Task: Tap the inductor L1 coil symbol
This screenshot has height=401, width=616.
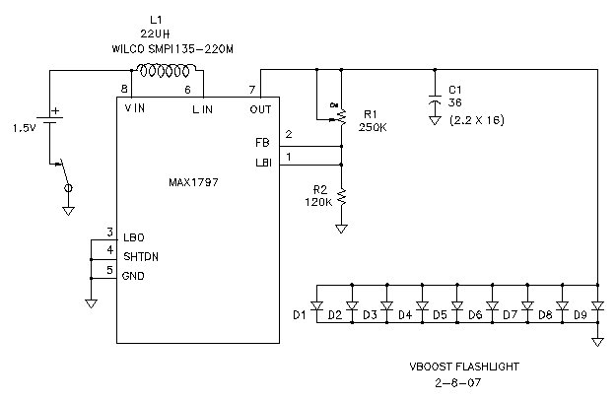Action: click(168, 71)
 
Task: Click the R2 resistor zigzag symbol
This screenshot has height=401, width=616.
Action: click(342, 197)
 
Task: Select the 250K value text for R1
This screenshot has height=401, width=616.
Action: click(373, 128)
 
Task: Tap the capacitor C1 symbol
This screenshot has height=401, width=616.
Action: click(435, 103)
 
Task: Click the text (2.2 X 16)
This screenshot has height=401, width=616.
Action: click(477, 120)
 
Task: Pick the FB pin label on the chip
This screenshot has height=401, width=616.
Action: click(261, 142)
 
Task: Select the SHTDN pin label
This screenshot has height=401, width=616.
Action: click(141, 256)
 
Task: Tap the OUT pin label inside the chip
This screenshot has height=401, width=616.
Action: click(260, 109)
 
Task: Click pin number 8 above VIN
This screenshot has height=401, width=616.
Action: click(124, 90)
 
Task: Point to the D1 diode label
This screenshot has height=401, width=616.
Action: click(300, 314)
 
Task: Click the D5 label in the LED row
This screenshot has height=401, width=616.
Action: click(440, 315)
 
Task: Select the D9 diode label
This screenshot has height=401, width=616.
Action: click(580, 315)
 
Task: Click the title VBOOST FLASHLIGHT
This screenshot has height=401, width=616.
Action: click(463, 367)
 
